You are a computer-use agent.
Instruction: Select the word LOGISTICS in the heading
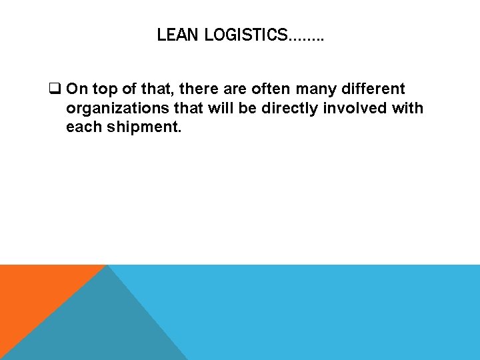(x=244, y=35)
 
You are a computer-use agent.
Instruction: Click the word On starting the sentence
(x=77, y=89)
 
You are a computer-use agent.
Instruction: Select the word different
(x=375, y=89)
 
